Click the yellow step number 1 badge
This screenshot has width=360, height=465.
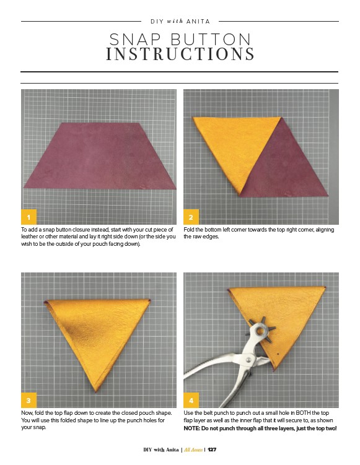(x=29, y=217)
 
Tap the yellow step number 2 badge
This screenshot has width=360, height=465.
(x=191, y=217)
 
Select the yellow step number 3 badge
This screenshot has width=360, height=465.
(x=29, y=400)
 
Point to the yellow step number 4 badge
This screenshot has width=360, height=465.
(x=191, y=400)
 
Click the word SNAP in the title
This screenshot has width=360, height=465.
(x=135, y=40)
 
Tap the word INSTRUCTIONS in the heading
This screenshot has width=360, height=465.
(x=180, y=54)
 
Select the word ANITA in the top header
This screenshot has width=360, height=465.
(x=198, y=21)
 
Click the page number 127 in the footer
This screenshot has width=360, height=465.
(x=212, y=450)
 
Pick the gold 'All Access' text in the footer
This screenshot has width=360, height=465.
(x=193, y=450)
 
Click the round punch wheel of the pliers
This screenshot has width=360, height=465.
(x=261, y=329)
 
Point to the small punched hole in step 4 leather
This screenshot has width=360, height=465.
(x=278, y=354)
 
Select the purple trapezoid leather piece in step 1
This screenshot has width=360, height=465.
(x=100, y=155)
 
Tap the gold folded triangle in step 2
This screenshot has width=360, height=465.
(x=236, y=148)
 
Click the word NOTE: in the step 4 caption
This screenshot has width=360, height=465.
(x=191, y=428)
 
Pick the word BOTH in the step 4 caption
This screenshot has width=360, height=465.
(x=303, y=413)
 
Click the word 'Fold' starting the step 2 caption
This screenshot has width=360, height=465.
(x=189, y=230)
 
